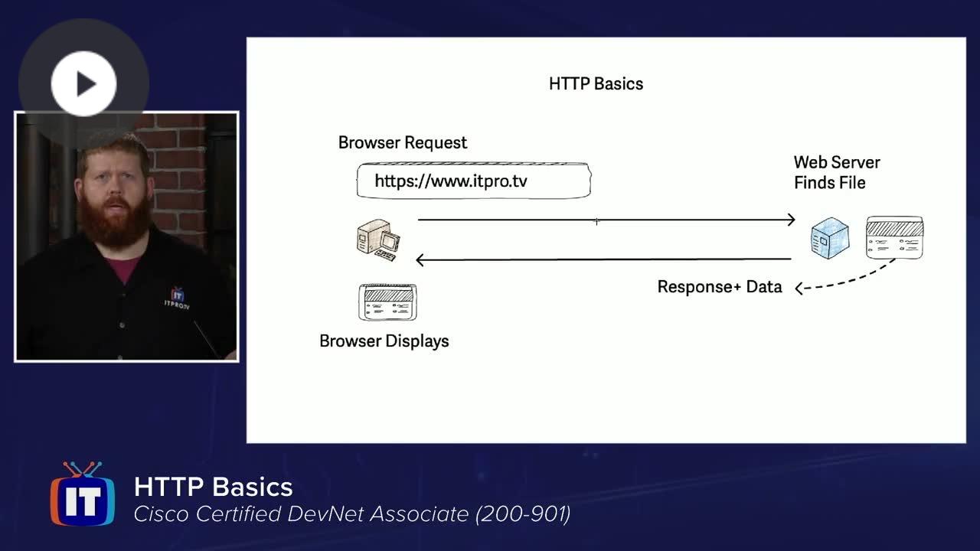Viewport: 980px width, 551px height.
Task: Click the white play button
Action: click(x=83, y=83)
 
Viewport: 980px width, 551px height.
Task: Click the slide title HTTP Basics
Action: click(x=596, y=84)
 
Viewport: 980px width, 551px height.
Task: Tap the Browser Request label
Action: click(x=403, y=143)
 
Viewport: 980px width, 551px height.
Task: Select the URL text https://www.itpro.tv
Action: click(x=451, y=181)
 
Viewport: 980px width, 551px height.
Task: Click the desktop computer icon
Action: click(x=378, y=240)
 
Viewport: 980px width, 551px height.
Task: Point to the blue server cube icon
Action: click(x=830, y=238)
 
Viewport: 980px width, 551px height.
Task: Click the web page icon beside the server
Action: click(x=895, y=237)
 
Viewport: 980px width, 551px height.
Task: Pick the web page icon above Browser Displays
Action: click(x=387, y=302)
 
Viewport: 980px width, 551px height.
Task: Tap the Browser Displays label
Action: click(x=384, y=341)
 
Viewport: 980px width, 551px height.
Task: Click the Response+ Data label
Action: click(x=720, y=287)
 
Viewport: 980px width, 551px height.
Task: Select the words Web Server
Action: click(x=837, y=162)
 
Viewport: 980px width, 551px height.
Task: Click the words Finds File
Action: click(x=829, y=183)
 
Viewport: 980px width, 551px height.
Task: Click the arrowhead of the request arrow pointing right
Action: click(x=792, y=220)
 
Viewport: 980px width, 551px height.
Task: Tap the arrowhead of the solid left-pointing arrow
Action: click(x=419, y=259)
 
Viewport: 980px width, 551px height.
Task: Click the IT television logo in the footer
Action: click(x=83, y=494)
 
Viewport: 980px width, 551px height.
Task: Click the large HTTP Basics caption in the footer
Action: click(x=213, y=487)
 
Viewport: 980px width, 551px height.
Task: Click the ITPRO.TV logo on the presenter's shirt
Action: click(x=177, y=298)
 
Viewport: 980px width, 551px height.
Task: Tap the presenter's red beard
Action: click(x=115, y=221)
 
